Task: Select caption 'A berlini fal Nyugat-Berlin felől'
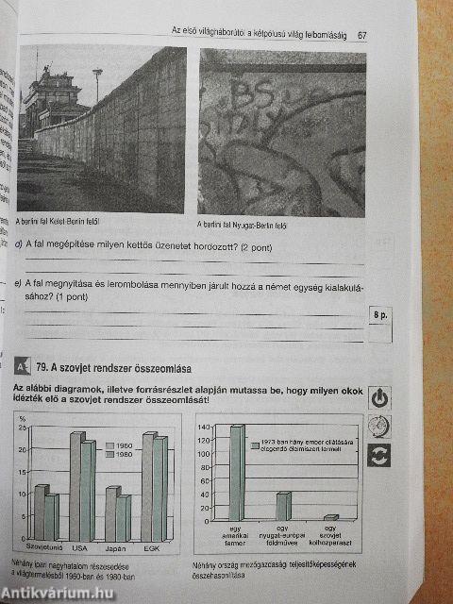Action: coord(243,225)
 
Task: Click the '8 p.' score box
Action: coord(379,314)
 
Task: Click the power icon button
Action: coord(379,397)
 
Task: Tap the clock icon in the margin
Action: coord(379,427)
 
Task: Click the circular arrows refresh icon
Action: coord(379,457)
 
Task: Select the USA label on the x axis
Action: coord(80,547)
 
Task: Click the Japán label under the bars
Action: coord(116,547)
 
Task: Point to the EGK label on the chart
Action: coord(151,547)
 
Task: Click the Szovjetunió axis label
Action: coord(42,547)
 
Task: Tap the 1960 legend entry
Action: coord(123,445)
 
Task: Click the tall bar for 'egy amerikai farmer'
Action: coord(237,472)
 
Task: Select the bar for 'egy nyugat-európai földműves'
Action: coord(283,506)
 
